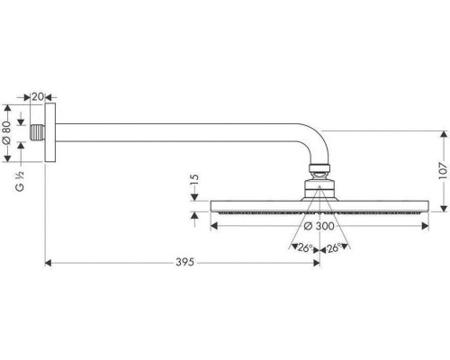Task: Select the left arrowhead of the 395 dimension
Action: (x=49, y=264)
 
